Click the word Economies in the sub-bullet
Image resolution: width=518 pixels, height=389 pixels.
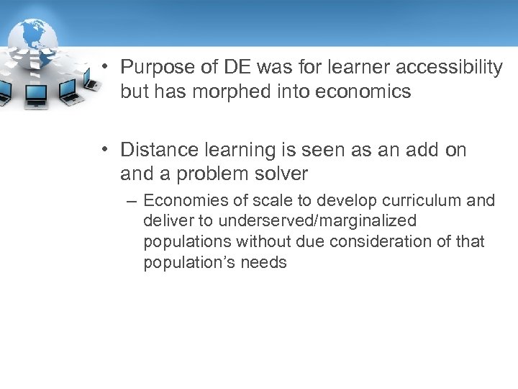(x=180, y=201)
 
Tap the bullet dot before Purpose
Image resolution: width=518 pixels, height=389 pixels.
(x=105, y=67)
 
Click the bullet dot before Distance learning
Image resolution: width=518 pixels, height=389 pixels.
(x=105, y=149)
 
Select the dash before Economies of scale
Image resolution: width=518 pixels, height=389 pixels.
(x=132, y=201)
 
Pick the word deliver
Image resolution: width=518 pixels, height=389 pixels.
(x=165, y=221)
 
